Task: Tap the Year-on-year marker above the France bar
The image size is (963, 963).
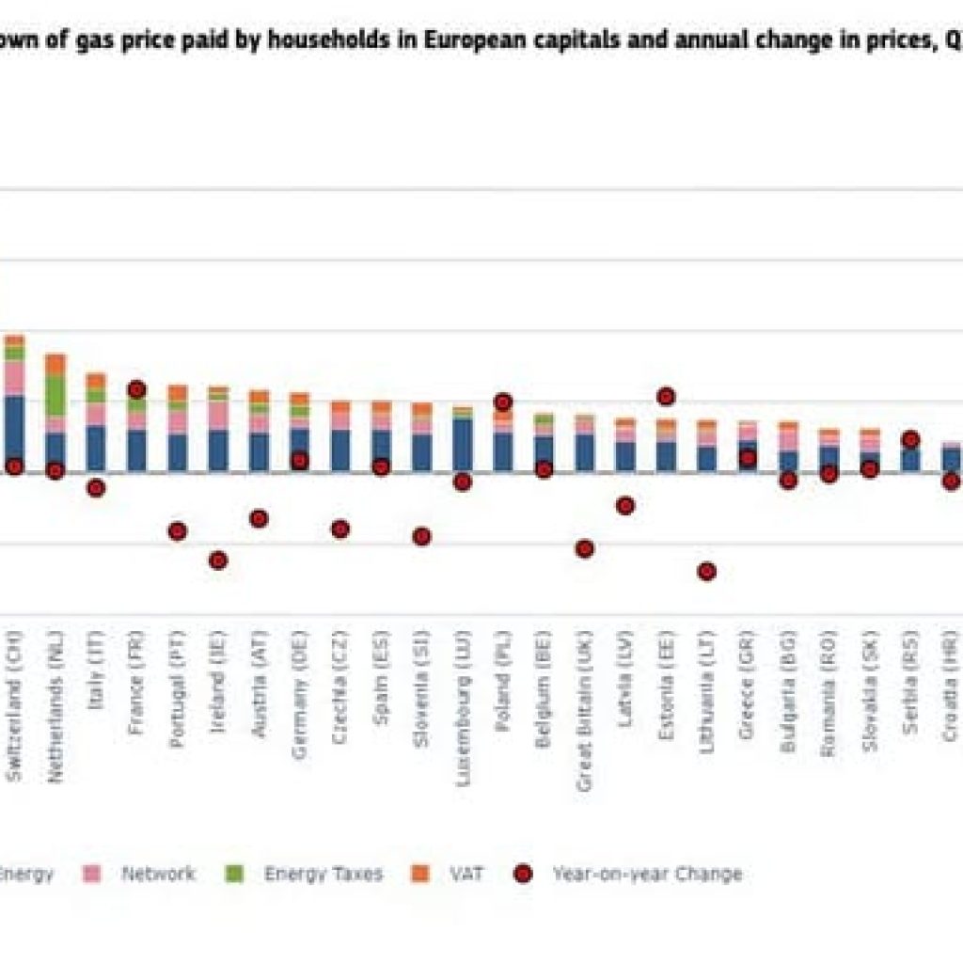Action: pos(136,389)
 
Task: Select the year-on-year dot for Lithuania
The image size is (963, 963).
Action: pos(706,571)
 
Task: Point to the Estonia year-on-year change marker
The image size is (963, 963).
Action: pos(666,396)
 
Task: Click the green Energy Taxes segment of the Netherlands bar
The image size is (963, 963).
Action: pos(55,396)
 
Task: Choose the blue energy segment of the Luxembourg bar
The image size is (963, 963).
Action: pos(462,444)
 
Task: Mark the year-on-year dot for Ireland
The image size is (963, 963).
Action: pos(218,560)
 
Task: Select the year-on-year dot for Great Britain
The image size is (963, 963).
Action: pos(584,548)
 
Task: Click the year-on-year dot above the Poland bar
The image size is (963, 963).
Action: pos(503,403)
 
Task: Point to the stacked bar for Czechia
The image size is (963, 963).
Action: pos(339,435)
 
